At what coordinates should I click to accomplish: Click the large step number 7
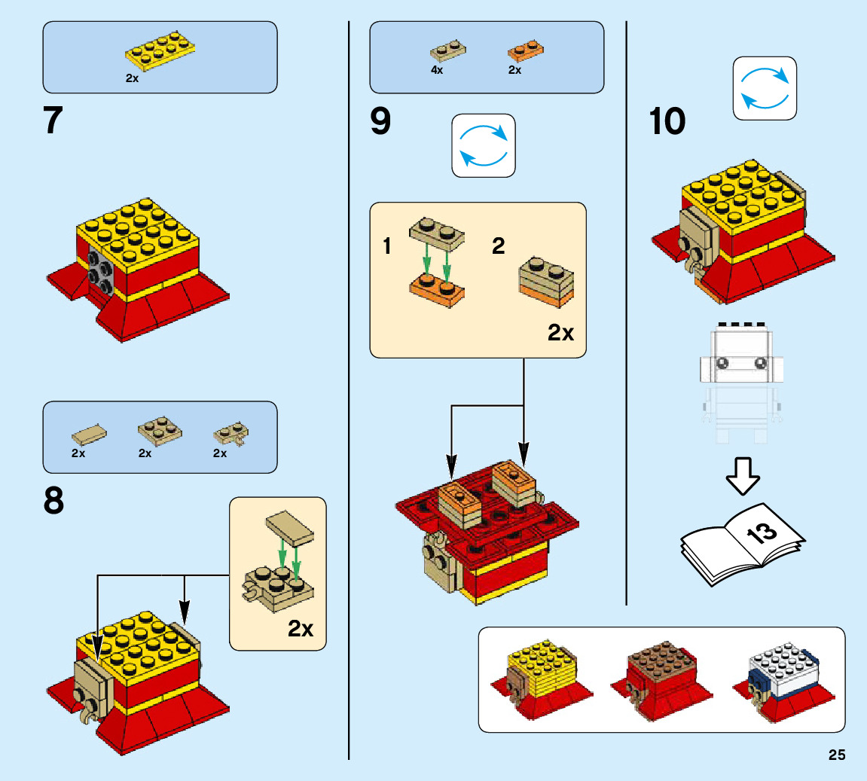click(x=53, y=121)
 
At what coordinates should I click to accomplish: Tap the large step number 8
click(x=53, y=501)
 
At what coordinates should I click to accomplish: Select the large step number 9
click(x=380, y=121)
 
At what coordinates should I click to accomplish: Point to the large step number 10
click(x=667, y=121)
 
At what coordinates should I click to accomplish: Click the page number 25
click(x=837, y=755)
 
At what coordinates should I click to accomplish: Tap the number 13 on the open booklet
click(x=762, y=533)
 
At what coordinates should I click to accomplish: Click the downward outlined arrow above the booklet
click(x=743, y=475)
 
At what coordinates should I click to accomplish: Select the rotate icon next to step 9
click(x=484, y=145)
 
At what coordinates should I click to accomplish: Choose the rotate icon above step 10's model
click(x=765, y=88)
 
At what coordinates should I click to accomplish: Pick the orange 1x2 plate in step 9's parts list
click(x=526, y=51)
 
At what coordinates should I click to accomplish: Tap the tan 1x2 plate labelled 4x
click(x=447, y=51)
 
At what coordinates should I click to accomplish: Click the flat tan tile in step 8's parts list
click(x=89, y=434)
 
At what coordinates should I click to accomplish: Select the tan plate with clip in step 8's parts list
click(x=230, y=433)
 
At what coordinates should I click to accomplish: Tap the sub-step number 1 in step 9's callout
click(x=387, y=246)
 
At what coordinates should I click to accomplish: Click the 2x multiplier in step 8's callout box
click(x=301, y=628)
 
